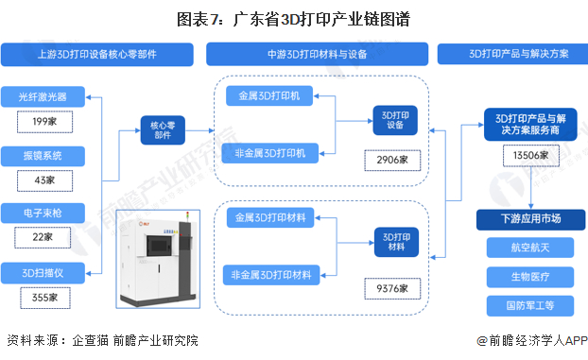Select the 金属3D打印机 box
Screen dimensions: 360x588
point(269,96)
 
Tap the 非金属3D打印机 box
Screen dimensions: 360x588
point(269,151)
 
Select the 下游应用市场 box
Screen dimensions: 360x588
point(530,219)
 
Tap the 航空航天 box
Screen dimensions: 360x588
point(530,249)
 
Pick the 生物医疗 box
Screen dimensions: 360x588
point(530,278)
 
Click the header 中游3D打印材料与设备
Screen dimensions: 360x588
point(318,55)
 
